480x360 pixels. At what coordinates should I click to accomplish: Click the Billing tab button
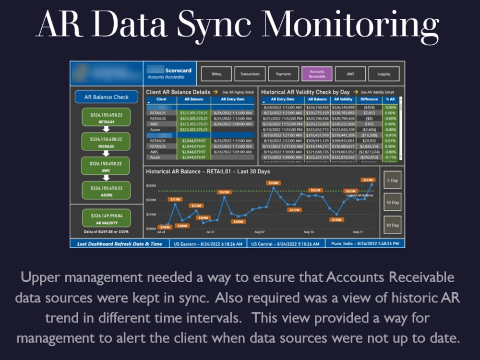click(x=216, y=74)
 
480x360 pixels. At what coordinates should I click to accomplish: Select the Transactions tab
click(x=250, y=74)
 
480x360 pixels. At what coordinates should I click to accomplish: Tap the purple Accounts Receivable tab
click(x=317, y=74)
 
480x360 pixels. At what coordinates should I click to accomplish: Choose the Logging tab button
click(x=384, y=74)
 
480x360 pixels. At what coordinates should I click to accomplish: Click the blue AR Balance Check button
click(x=107, y=97)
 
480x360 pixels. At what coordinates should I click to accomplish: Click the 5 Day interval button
click(x=392, y=180)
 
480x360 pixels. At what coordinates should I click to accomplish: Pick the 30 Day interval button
click(x=392, y=225)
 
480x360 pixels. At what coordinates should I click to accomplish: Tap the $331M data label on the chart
click(x=368, y=180)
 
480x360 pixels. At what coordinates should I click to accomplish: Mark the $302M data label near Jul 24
click(x=164, y=227)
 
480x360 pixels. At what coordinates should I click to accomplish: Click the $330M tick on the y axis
click(x=151, y=185)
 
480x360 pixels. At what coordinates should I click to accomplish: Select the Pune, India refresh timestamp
click(x=365, y=243)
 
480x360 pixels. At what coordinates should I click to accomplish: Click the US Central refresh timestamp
click(x=285, y=244)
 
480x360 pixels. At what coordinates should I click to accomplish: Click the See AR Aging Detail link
click(x=238, y=92)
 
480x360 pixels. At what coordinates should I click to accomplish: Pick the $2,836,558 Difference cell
click(x=369, y=146)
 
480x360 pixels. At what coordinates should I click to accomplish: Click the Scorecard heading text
click(x=178, y=70)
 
